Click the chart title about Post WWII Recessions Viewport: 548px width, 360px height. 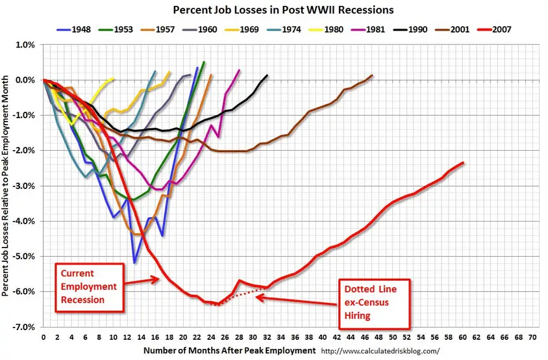point(273,11)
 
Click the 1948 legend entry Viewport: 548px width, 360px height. point(77,29)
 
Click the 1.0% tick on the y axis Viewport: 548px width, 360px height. point(26,45)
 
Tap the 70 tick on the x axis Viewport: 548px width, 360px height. point(532,338)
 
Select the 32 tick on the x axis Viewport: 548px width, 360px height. point(267,338)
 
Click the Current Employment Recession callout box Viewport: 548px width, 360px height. point(89,284)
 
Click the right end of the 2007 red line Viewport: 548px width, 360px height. point(463,162)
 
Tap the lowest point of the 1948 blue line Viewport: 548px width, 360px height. point(134,262)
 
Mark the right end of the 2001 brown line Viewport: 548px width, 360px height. point(372,75)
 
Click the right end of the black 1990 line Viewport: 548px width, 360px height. point(267,76)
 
